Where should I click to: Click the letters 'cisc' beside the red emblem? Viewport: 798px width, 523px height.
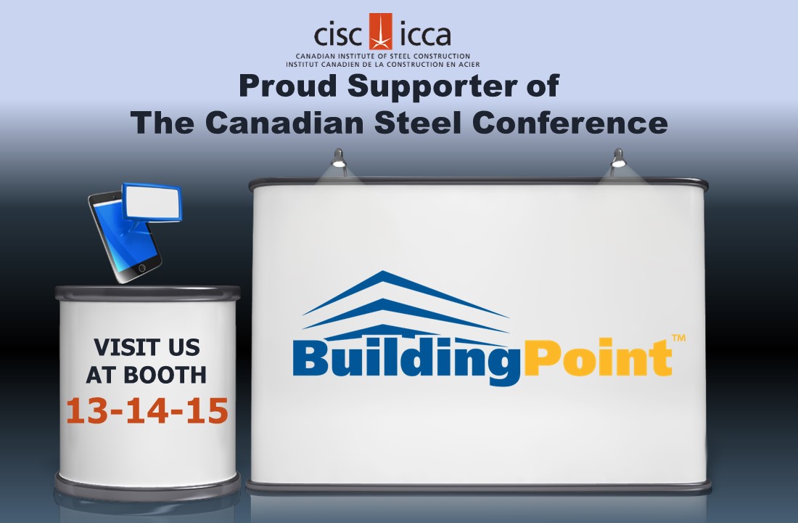(341, 35)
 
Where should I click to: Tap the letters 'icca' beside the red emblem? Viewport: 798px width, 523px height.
(423, 35)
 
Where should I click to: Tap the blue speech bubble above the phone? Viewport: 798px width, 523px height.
(152, 200)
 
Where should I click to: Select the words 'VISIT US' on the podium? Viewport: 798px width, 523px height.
(147, 347)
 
